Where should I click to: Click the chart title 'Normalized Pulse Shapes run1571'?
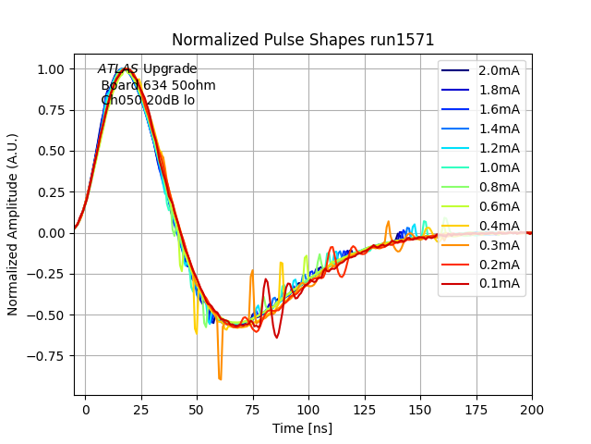(303, 40)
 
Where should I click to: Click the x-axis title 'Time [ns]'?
(302, 428)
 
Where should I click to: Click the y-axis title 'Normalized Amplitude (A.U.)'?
(13, 233)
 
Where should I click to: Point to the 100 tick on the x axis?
(308, 407)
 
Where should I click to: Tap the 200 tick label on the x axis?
(532, 407)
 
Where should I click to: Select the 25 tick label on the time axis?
(141, 407)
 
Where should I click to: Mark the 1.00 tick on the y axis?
(50, 69)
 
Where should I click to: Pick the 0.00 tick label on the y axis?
(50, 233)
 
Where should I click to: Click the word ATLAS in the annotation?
(118, 69)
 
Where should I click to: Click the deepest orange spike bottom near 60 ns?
(220, 378)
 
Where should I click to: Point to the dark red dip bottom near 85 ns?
(276, 337)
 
